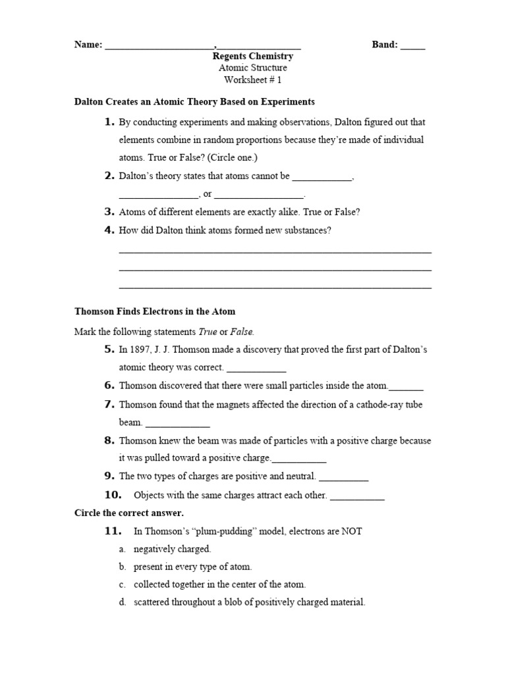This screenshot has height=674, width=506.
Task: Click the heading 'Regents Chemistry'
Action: tap(253, 57)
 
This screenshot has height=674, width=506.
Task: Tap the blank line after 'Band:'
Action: tap(412, 46)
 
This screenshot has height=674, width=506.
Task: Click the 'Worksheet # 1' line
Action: tap(253, 80)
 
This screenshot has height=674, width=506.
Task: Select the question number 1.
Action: tap(109, 122)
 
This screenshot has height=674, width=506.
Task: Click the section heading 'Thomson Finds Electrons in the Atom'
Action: tap(155, 311)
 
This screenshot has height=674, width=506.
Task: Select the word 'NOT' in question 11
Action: tap(351, 531)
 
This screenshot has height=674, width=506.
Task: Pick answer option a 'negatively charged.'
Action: tap(172, 549)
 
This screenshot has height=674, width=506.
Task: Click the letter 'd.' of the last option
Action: tap(123, 602)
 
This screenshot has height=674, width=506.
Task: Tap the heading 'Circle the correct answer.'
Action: tap(129, 513)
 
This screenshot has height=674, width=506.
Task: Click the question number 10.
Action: tap(113, 495)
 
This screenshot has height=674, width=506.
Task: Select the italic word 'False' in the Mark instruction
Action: tap(242, 332)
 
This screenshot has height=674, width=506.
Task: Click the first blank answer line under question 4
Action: tap(275, 251)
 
